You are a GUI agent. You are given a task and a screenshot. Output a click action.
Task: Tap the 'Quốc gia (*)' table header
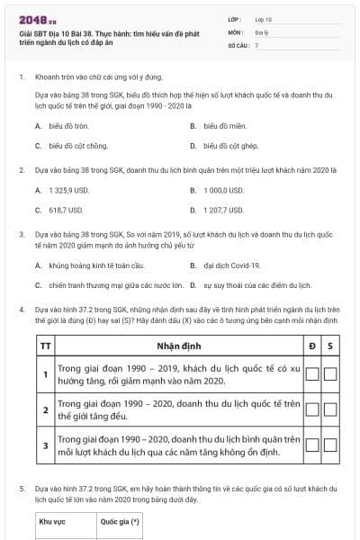[117, 520]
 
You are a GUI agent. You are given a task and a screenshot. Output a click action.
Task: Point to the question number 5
[22, 487]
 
